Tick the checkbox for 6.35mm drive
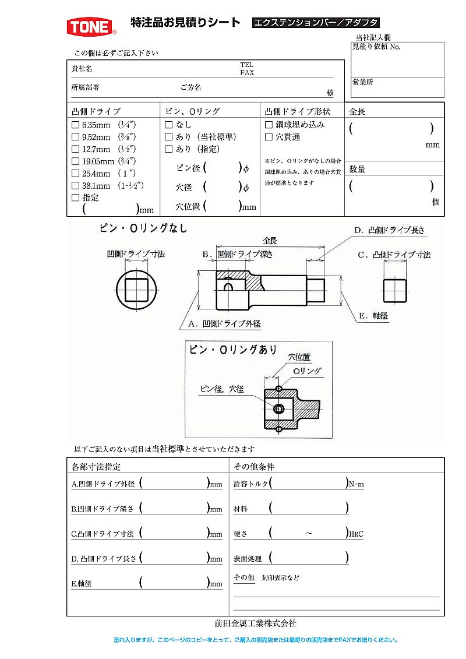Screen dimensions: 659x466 point(75,125)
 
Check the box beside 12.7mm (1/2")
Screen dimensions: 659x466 point(75,149)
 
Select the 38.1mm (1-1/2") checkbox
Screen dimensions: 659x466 point(75,186)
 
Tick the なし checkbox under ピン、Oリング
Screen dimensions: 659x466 point(169,125)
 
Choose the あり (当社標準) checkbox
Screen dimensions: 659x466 point(169,137)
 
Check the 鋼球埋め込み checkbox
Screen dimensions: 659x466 point(269,125)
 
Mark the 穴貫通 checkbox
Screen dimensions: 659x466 point(269,137)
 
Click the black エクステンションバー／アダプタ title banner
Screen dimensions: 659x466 point(316,23)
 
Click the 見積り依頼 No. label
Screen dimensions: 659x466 point(376,47)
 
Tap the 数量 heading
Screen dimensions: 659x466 point(357,170)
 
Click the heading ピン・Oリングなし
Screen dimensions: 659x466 point(143,228)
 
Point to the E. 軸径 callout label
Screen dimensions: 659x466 point(373,316)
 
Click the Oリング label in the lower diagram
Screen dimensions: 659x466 point(306,371)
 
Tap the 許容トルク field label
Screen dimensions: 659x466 point(251,484)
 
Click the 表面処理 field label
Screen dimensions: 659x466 point(248,558)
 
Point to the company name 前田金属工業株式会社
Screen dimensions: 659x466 point(256,623)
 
